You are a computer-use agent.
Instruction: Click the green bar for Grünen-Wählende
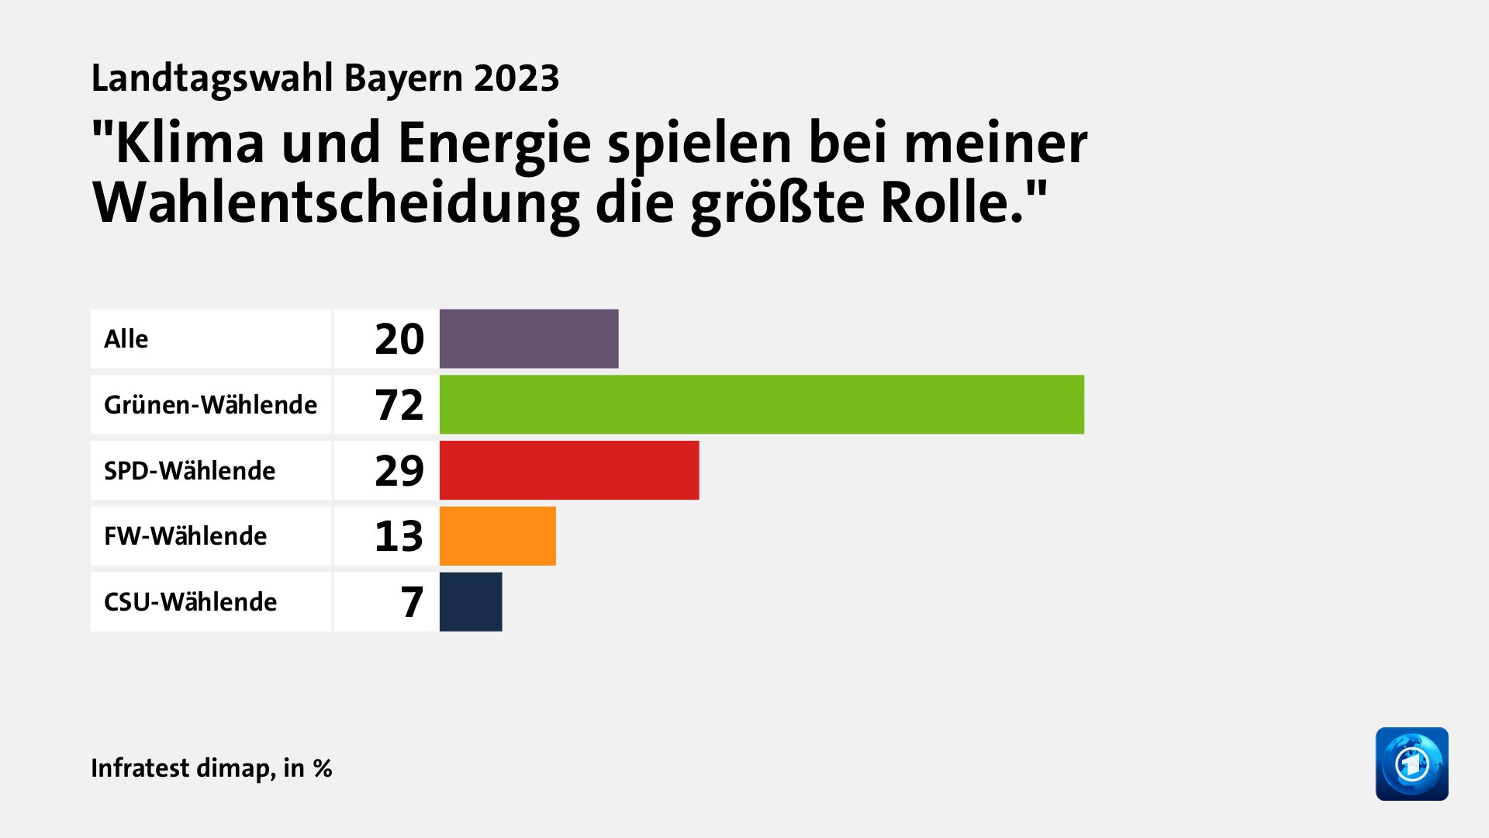click(762, 404)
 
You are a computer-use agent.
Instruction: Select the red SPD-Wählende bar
click(568, 470)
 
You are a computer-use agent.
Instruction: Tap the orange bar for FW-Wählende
click(497, 536)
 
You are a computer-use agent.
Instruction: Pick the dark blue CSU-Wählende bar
click(471, 602)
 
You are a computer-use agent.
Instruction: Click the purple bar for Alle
click(529, 339)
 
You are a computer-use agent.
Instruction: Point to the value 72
click(399, 405)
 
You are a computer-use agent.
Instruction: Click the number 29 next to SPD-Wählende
click(399, 471)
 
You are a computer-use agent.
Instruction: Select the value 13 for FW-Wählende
click(399, 536)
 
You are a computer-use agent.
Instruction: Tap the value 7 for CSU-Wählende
click(412, 602)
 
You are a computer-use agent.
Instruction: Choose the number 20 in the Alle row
click(399, 339)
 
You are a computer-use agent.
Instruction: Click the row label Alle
click(126, 339)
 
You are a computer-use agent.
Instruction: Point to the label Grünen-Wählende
click(210, 405)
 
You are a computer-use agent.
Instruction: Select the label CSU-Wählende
click(190, 602)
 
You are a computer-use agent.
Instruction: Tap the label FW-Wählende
click(185, 536)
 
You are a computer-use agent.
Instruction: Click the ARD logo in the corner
click(1411, 764)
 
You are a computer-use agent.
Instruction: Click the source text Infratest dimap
click(181, 768)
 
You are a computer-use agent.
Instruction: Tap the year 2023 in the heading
click(516, 78)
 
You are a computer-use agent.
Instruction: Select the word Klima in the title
click(189, 144)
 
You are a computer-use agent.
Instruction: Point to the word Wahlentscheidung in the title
click(335, 203)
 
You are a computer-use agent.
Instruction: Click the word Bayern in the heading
click(402, 78)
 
